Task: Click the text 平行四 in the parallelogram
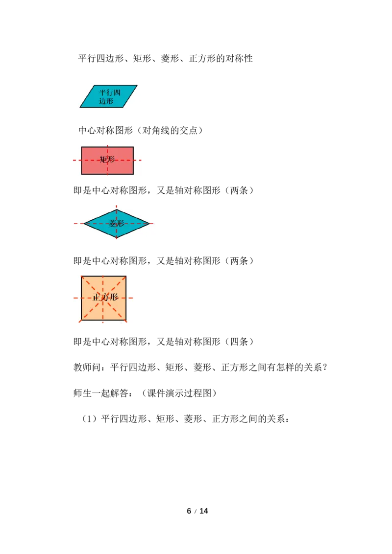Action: pyautogui.click(x=109, y=92)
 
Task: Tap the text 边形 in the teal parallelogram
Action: pyautogui.click(x=106, y=101)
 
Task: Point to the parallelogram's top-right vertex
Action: pyautogui.click(x=137, y=86)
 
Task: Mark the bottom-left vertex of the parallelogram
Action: pyautogui.click(x=80, y=107)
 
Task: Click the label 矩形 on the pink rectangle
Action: pyautogui.click(x=107, y=160)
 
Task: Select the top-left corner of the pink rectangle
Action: pyautogui.click(x=82, y=147)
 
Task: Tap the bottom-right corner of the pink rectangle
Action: pyautogui.click(x=133, y=174)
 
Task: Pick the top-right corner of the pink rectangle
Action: pyautogui.click(x=133, y=147)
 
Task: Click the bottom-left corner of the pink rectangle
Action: pyautogui.click(x=82, y=174)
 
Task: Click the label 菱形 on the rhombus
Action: pyautogui.click(x=117, y=224)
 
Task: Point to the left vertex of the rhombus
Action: pyautogui.click(x=84, y=224)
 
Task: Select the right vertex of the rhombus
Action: pyautogui.click(x=149, y=224)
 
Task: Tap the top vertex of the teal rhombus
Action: pyautogui.click(x=117, y=209)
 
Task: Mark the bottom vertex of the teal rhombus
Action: pyautogui.click(x=117, y=238)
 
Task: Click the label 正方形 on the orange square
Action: pyautogui.click(x=105, y=298)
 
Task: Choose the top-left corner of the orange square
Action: pyautogui.click(x=81, y=276)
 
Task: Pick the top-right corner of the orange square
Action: pyautogui.click(x=126, y=276)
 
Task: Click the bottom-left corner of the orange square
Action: pyautogui.click(x=81, y=321)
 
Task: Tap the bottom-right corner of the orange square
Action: pyautogui.click(x=126, y=321)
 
